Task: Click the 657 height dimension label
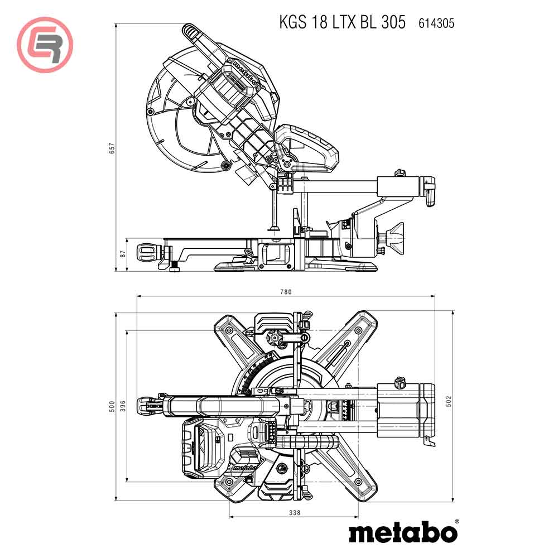tap(112, 148)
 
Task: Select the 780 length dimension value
tap(286, 291)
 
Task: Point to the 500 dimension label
tap(112, 406)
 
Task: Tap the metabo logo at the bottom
tap(402, 532)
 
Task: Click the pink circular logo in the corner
tap(45, 45)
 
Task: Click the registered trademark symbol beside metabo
tap(457, 521)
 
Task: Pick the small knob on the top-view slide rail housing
tap(398, 382)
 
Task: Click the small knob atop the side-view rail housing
tap(400, 175)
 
